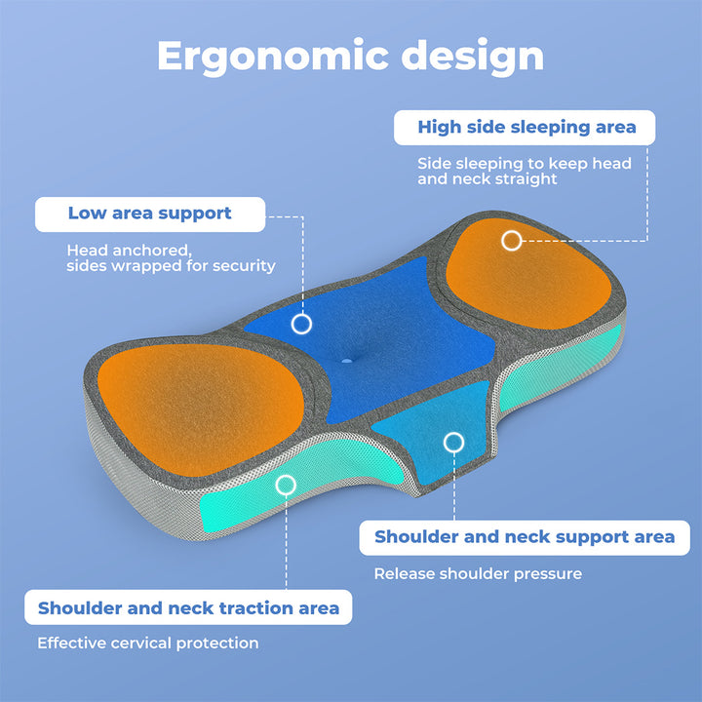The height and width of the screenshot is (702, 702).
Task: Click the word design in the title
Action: (x=472, y=56)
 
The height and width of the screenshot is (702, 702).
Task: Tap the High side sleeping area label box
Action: (x=525, y=128)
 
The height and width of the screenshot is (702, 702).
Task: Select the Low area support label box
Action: (x=150, y=214)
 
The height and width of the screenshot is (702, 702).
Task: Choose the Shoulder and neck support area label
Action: (x=525, y=537)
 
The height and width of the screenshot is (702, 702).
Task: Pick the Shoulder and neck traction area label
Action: (x=188, y=607)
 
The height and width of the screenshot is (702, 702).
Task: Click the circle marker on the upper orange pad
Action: (x=511, y=241)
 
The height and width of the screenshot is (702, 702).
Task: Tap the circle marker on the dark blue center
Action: (x=301, y=324)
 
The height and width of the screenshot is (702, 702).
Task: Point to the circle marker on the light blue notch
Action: (x=453, y=443)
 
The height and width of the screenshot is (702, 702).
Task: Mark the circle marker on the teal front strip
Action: (x=286, y=485)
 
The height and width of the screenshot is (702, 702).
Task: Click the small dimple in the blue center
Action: (x=347, y=360)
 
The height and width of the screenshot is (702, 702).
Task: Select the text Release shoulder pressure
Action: (x=478, y=573)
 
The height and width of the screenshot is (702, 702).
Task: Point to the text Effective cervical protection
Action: (x=148, y=643)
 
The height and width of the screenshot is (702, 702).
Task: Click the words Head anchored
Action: (x=129, y=251)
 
